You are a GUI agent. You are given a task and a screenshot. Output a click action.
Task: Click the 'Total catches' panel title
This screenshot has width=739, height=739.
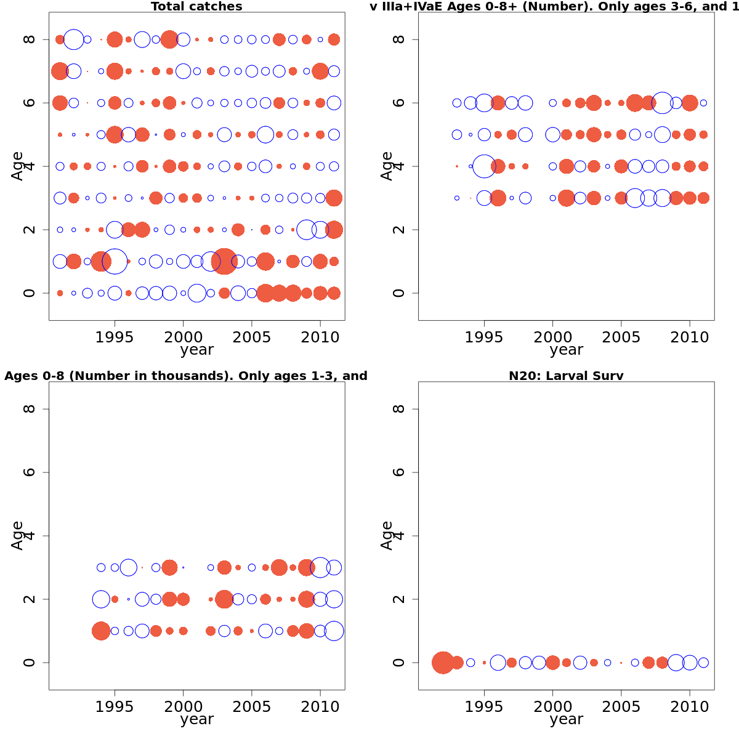point(196,7)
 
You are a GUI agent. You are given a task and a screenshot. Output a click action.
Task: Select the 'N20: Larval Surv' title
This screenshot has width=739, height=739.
point(566,376)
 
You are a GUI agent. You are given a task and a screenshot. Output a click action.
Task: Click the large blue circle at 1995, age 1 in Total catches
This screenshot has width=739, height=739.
point(115,261)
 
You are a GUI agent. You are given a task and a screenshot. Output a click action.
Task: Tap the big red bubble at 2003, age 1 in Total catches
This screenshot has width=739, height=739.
point(224,261)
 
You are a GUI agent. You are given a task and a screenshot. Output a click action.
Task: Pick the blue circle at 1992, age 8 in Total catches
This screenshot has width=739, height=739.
point(74,39)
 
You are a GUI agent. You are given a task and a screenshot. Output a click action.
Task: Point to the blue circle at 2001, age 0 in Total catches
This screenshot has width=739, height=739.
point(197,293)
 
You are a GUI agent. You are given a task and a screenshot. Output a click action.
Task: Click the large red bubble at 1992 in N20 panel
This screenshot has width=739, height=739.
point(443,663)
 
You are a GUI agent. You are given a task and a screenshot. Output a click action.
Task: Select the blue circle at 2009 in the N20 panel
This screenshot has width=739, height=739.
point(676,663)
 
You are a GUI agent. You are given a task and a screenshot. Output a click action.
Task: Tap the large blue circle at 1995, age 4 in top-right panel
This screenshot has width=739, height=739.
point(484,166)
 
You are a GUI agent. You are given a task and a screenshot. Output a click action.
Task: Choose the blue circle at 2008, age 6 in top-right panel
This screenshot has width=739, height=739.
point(663,103)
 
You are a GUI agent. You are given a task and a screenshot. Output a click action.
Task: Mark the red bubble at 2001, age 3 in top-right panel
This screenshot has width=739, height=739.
point(567,198)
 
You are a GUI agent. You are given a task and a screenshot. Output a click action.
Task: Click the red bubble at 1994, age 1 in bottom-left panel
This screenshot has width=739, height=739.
point(101,631)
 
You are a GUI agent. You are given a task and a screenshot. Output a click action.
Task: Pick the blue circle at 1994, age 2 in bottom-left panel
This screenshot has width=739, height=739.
point(101,599)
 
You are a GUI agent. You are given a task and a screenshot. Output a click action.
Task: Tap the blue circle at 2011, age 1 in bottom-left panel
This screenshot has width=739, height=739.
point(334,631)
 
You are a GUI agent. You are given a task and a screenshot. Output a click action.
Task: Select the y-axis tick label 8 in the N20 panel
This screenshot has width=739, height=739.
point(400,409)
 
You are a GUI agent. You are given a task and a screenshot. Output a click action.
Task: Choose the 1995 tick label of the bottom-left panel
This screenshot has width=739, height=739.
point(115,707)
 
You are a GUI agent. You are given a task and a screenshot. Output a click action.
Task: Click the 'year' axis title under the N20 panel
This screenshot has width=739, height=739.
point(566,719)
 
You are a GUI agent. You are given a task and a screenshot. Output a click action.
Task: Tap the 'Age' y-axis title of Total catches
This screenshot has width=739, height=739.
point(17,166)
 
